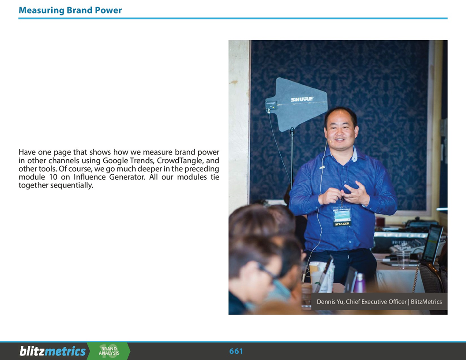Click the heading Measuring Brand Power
point(70,10)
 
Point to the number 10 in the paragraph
point(52,177)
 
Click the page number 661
point(236,351)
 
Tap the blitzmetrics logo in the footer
point(53,351)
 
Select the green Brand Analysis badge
point(109,351)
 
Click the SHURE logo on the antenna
point(302,99)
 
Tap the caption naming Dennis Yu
point(379,302)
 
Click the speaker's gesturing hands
point(346,193)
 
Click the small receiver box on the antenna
point(271,105)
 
